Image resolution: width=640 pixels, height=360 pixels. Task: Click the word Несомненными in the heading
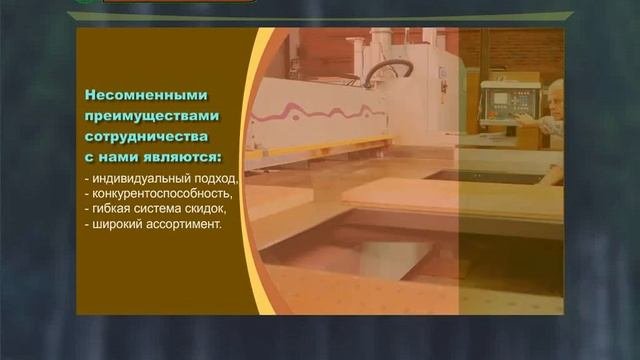146,96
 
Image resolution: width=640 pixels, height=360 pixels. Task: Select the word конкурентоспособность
163,194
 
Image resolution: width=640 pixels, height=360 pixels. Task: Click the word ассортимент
185,224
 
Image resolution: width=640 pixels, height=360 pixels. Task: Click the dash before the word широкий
87,224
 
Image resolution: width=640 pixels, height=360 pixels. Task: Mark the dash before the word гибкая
87,209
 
